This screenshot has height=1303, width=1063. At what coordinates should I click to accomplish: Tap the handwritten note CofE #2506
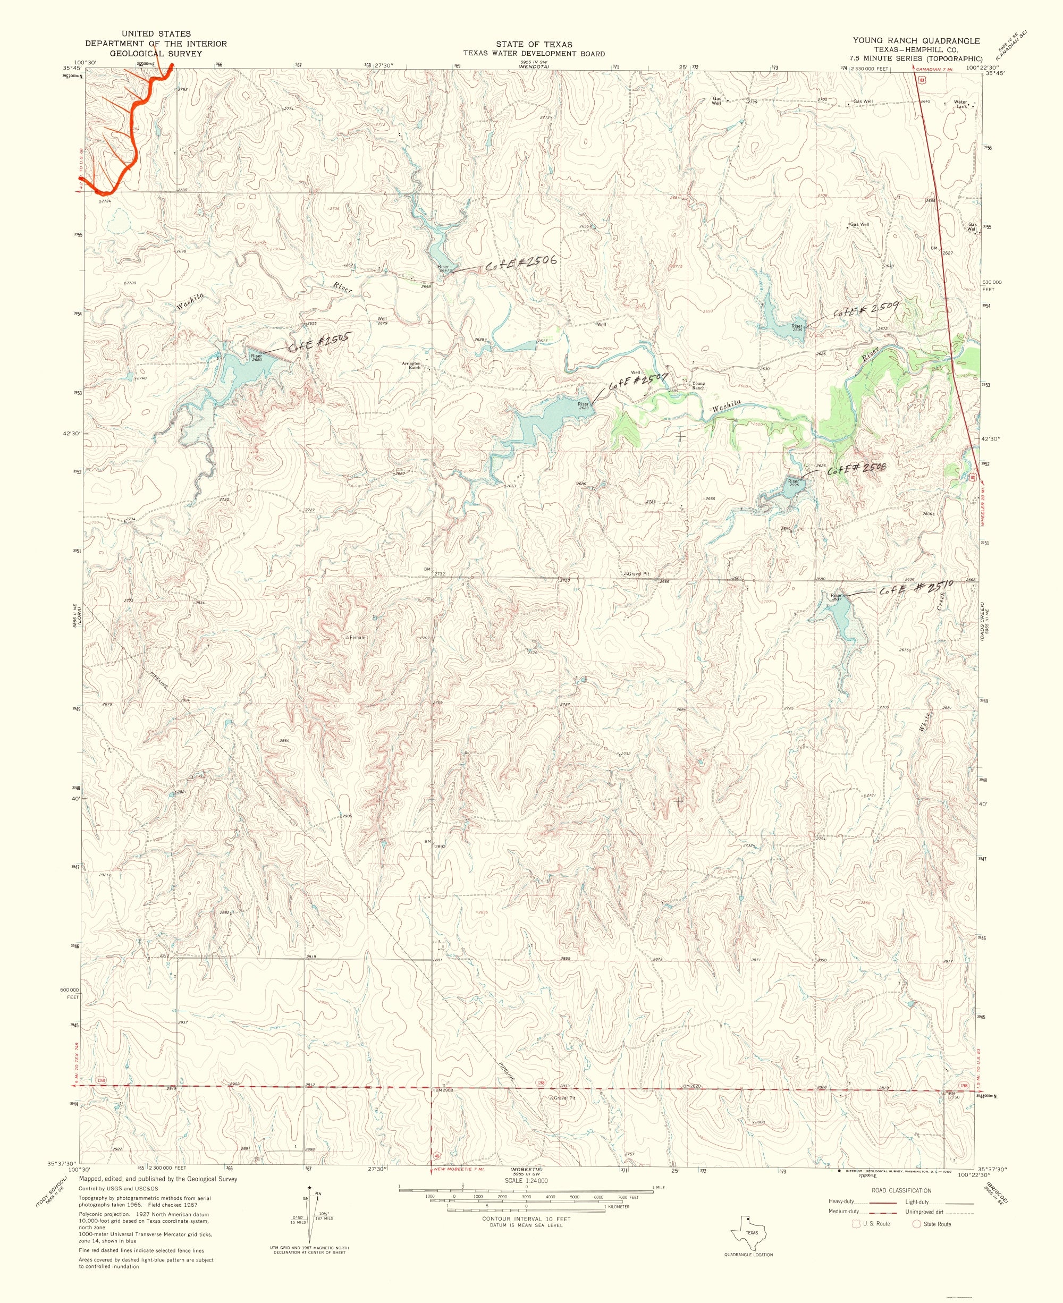[x=520, y=263]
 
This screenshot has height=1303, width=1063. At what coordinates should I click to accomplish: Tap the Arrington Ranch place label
[x=411, y=365]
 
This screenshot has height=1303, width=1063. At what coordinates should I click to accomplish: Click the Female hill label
[x=357, y=637]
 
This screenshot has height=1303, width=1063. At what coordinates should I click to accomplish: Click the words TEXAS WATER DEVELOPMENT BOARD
[x=533, y=53]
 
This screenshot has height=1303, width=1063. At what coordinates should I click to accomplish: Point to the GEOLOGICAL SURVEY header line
[x=156, y=54]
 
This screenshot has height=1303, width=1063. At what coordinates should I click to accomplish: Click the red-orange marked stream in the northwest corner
[x=138, y=116]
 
